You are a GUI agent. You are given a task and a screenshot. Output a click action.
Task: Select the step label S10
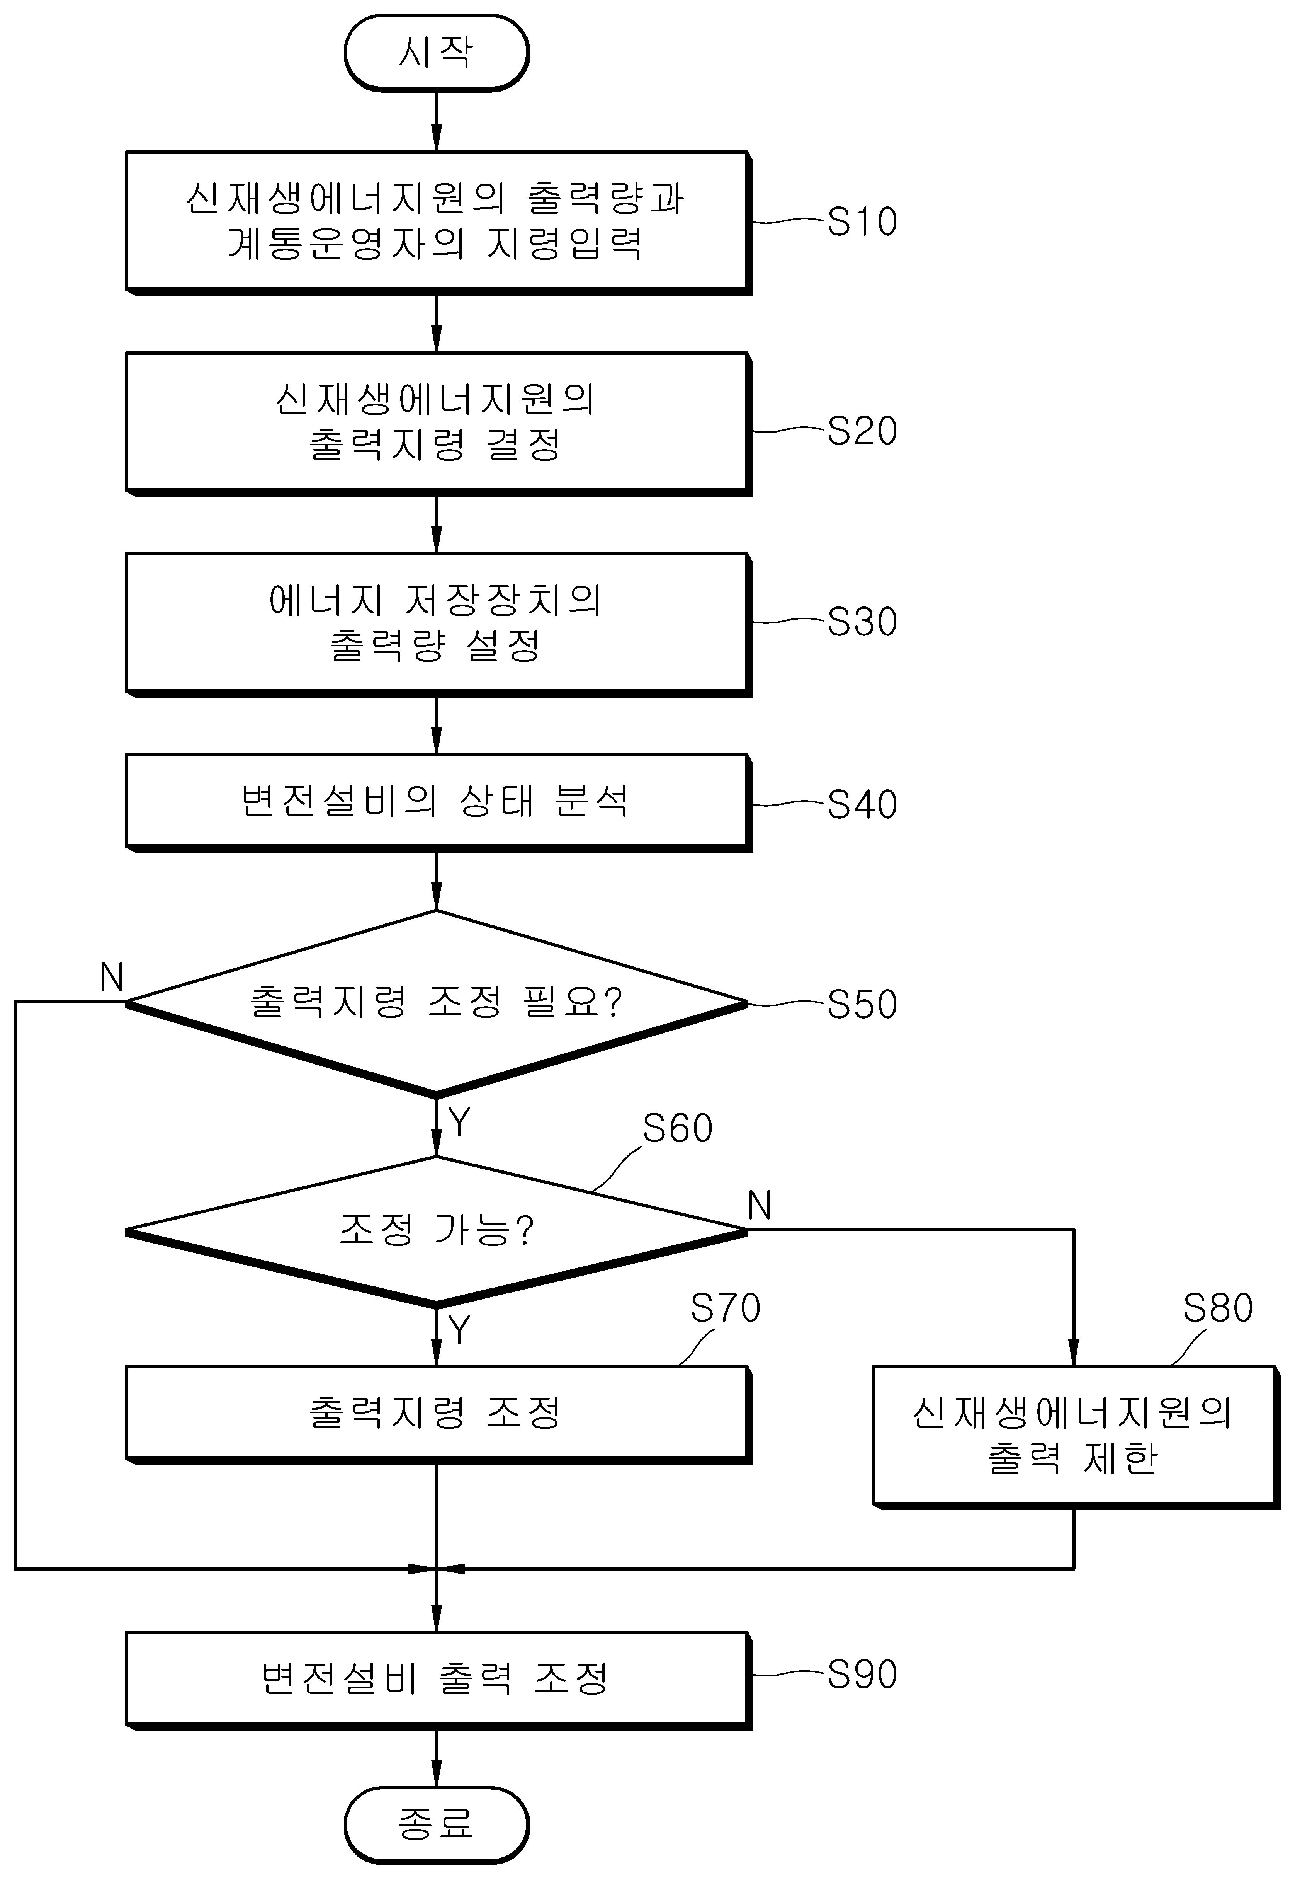[862, 221]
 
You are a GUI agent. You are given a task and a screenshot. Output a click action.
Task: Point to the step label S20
[862, 430]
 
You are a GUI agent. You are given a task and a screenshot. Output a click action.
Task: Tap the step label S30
[862, 622]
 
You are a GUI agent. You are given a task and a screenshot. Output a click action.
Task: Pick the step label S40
[862, 804]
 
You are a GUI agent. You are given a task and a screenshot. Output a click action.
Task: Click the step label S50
[862, 1004]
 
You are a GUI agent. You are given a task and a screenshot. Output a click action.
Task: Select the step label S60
[678, 1128]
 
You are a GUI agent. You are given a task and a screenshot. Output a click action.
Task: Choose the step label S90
[862, 1674]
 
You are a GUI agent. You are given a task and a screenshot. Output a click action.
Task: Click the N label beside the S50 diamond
[112, 977]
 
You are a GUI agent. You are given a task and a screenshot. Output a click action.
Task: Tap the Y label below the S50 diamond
[459, 1123]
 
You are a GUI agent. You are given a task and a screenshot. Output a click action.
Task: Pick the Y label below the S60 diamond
[459, 1329]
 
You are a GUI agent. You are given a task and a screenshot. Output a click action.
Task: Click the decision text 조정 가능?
[437, 1230]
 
